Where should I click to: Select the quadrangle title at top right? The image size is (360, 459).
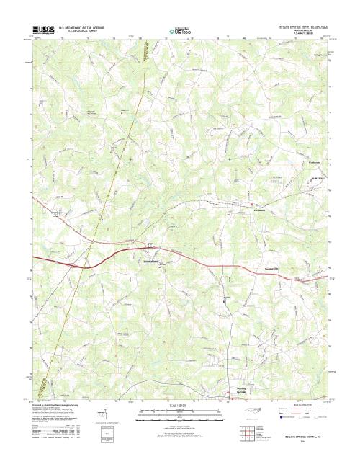300,23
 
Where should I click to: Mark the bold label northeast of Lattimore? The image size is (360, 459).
318,179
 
